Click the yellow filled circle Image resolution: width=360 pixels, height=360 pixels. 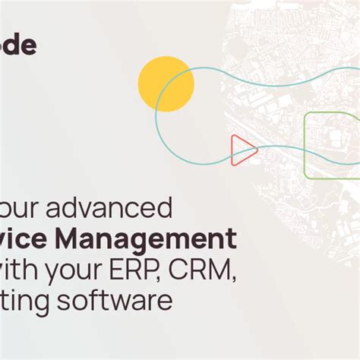coord(166,84)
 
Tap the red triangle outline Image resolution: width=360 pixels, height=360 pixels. coord(242,150)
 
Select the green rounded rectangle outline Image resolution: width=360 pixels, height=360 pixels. coord(331,134)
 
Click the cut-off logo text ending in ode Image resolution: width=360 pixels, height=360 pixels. coord(17,46)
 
